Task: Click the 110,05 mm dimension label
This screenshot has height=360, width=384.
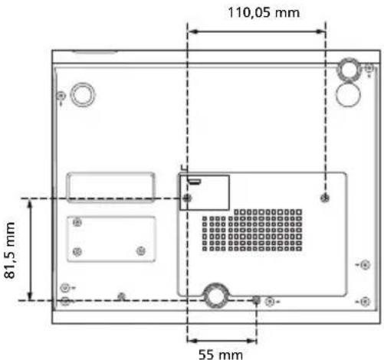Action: [264, 12]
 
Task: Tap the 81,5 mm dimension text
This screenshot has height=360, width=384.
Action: [10, 250]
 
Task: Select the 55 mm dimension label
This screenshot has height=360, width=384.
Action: [221, 354]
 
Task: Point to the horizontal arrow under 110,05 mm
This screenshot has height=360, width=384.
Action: [256, 31]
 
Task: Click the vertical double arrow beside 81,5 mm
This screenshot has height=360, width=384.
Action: [30, 250]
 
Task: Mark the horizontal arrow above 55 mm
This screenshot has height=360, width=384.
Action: [222, 341]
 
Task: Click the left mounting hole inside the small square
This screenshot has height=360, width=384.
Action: [187, 198]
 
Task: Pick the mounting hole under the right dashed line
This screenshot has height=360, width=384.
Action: [325, 198]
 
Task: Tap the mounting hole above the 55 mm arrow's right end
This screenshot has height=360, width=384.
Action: [256, 300]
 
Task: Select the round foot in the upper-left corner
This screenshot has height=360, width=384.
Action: [83, 94]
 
